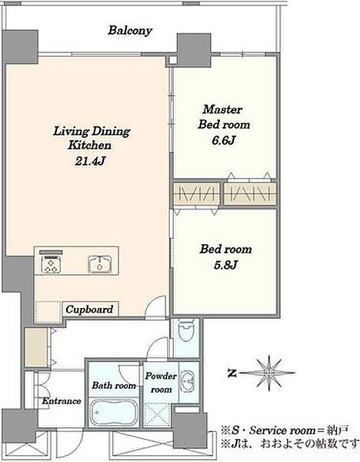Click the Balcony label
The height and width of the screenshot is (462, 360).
click(x=130, y=31)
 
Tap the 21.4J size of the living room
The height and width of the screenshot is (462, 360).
click(x=90, y=161)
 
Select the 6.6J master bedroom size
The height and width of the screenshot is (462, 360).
click(x=224, y=140)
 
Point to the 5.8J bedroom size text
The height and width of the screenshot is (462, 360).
click(x=225, y=265)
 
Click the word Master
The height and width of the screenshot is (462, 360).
click(x=222, y=109)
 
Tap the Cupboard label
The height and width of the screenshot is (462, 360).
click(x=89, y=310)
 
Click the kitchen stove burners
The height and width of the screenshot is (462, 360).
click(x=51, y=264)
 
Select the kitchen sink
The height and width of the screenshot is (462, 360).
click(x=100, y=263)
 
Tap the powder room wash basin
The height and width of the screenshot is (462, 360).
click(x=187, y=380)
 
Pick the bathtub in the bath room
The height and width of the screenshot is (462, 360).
click(x=114, y=412)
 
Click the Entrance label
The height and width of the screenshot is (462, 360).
click(x=62, y=401)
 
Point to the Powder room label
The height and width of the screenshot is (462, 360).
click(x=161, y=383)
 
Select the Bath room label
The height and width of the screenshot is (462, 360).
click(x=114, y=385)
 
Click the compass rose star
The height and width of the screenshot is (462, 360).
click(x=268, y=373)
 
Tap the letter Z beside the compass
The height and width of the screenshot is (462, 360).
click(x=232, y=373)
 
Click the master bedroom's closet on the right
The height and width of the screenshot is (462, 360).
click(x=250, y=194)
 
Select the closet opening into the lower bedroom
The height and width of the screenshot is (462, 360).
click(x=196, y=194)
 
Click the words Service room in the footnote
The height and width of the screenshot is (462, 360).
click(x=282, y=430)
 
